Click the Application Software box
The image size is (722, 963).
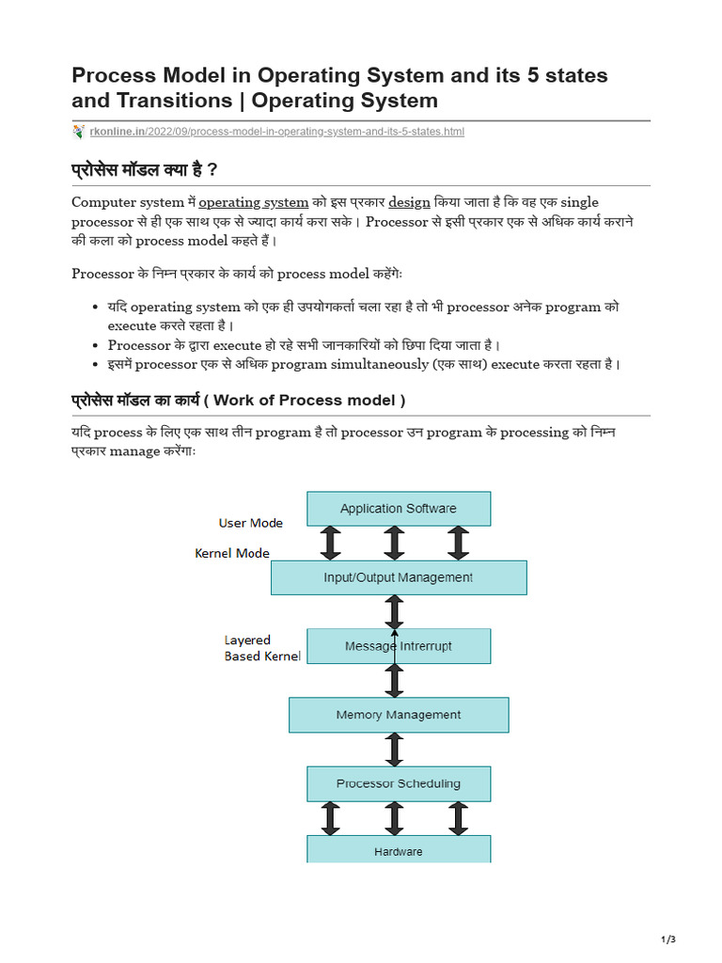tap(399, 509)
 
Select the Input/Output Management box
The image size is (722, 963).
tap(399, 577)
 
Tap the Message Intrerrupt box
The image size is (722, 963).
tap(399, 646)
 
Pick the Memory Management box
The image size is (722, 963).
tap(399, 715)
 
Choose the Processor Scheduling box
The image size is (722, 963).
tap(399, 783)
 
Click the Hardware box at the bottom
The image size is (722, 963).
tap(399, 851)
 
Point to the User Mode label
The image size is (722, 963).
tap(250, 523)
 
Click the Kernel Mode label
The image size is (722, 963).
tap(232, 553)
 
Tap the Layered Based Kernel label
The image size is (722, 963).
tap(261, 648)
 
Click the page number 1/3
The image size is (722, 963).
tap(668, 939)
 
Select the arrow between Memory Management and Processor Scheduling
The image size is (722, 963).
tap(395, 750)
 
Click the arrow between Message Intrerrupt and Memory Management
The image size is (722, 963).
tap(395, 680)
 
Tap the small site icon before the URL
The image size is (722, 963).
tap(79, 131)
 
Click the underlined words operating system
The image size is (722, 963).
tap(253, 202)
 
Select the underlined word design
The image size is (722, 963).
tap(409, 202)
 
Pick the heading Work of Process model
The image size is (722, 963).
tap(310, 400)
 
